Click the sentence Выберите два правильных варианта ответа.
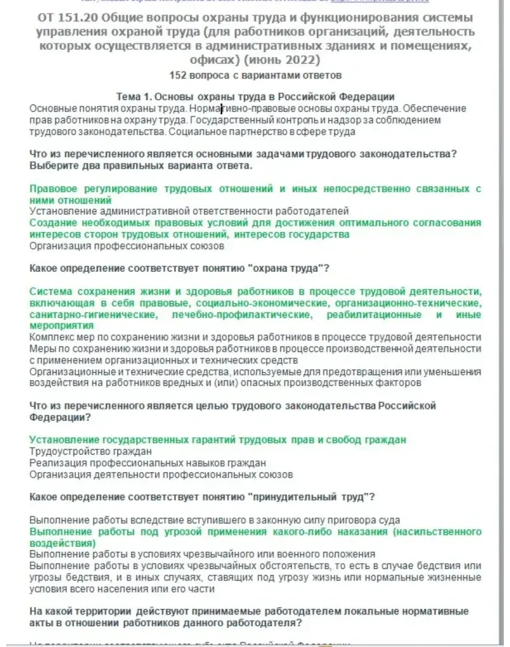(x=141, y=166)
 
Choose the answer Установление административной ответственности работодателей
(x=189, y=211)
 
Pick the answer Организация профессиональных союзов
(x=127, y=245)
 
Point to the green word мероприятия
(x=61, y=325)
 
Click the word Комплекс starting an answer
(x=50, y=337)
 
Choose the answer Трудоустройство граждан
(x=90, y=451)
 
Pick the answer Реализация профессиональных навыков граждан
(x=147, y=463)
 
